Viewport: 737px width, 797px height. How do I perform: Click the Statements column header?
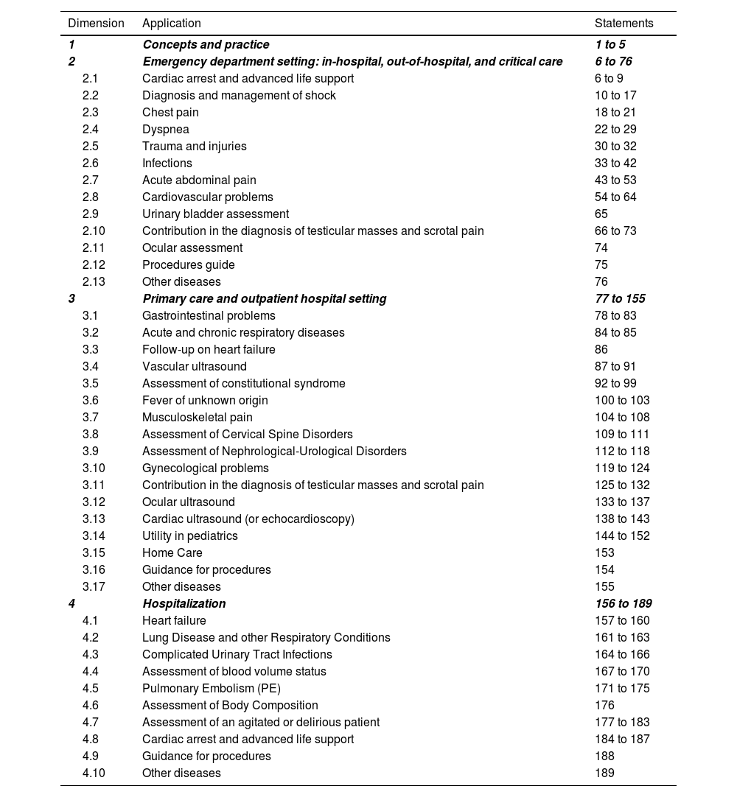click(x=624, y=24)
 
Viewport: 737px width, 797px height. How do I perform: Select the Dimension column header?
click(x=96, y=24)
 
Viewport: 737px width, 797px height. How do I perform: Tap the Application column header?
click(x=172, y=24)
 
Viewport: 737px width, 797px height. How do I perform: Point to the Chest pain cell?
click(x=170, y=113)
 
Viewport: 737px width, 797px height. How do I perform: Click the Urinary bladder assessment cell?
click(x=215, y=214)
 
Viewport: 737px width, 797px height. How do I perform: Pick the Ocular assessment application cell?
click(x=192, y=248)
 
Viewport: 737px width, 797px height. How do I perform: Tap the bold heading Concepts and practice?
click(x=206, y=45)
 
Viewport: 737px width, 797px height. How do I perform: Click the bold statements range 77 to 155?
click(x=620, y=299)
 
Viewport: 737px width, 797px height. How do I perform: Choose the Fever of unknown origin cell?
click(x=205, y=401)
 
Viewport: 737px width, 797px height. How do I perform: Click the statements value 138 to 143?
click(x=622, y=519)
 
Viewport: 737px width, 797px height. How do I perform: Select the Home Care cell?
click(x=172, y=553)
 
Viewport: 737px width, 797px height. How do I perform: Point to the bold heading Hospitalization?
click(x=184, y=604)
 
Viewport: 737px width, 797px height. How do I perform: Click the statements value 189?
click(x=604, y=773)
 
